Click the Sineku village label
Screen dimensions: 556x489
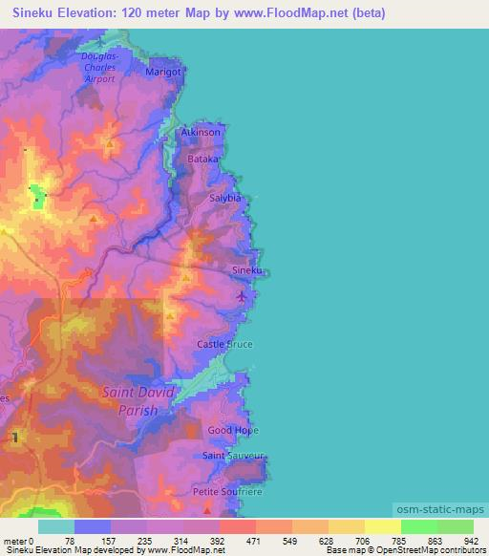pos(246,271)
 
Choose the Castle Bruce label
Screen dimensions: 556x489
pos(224,343)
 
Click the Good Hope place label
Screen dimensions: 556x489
pos(233,431)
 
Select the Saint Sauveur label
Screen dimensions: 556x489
pos(232,457)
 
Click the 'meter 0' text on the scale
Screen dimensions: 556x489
pos(18,541)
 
